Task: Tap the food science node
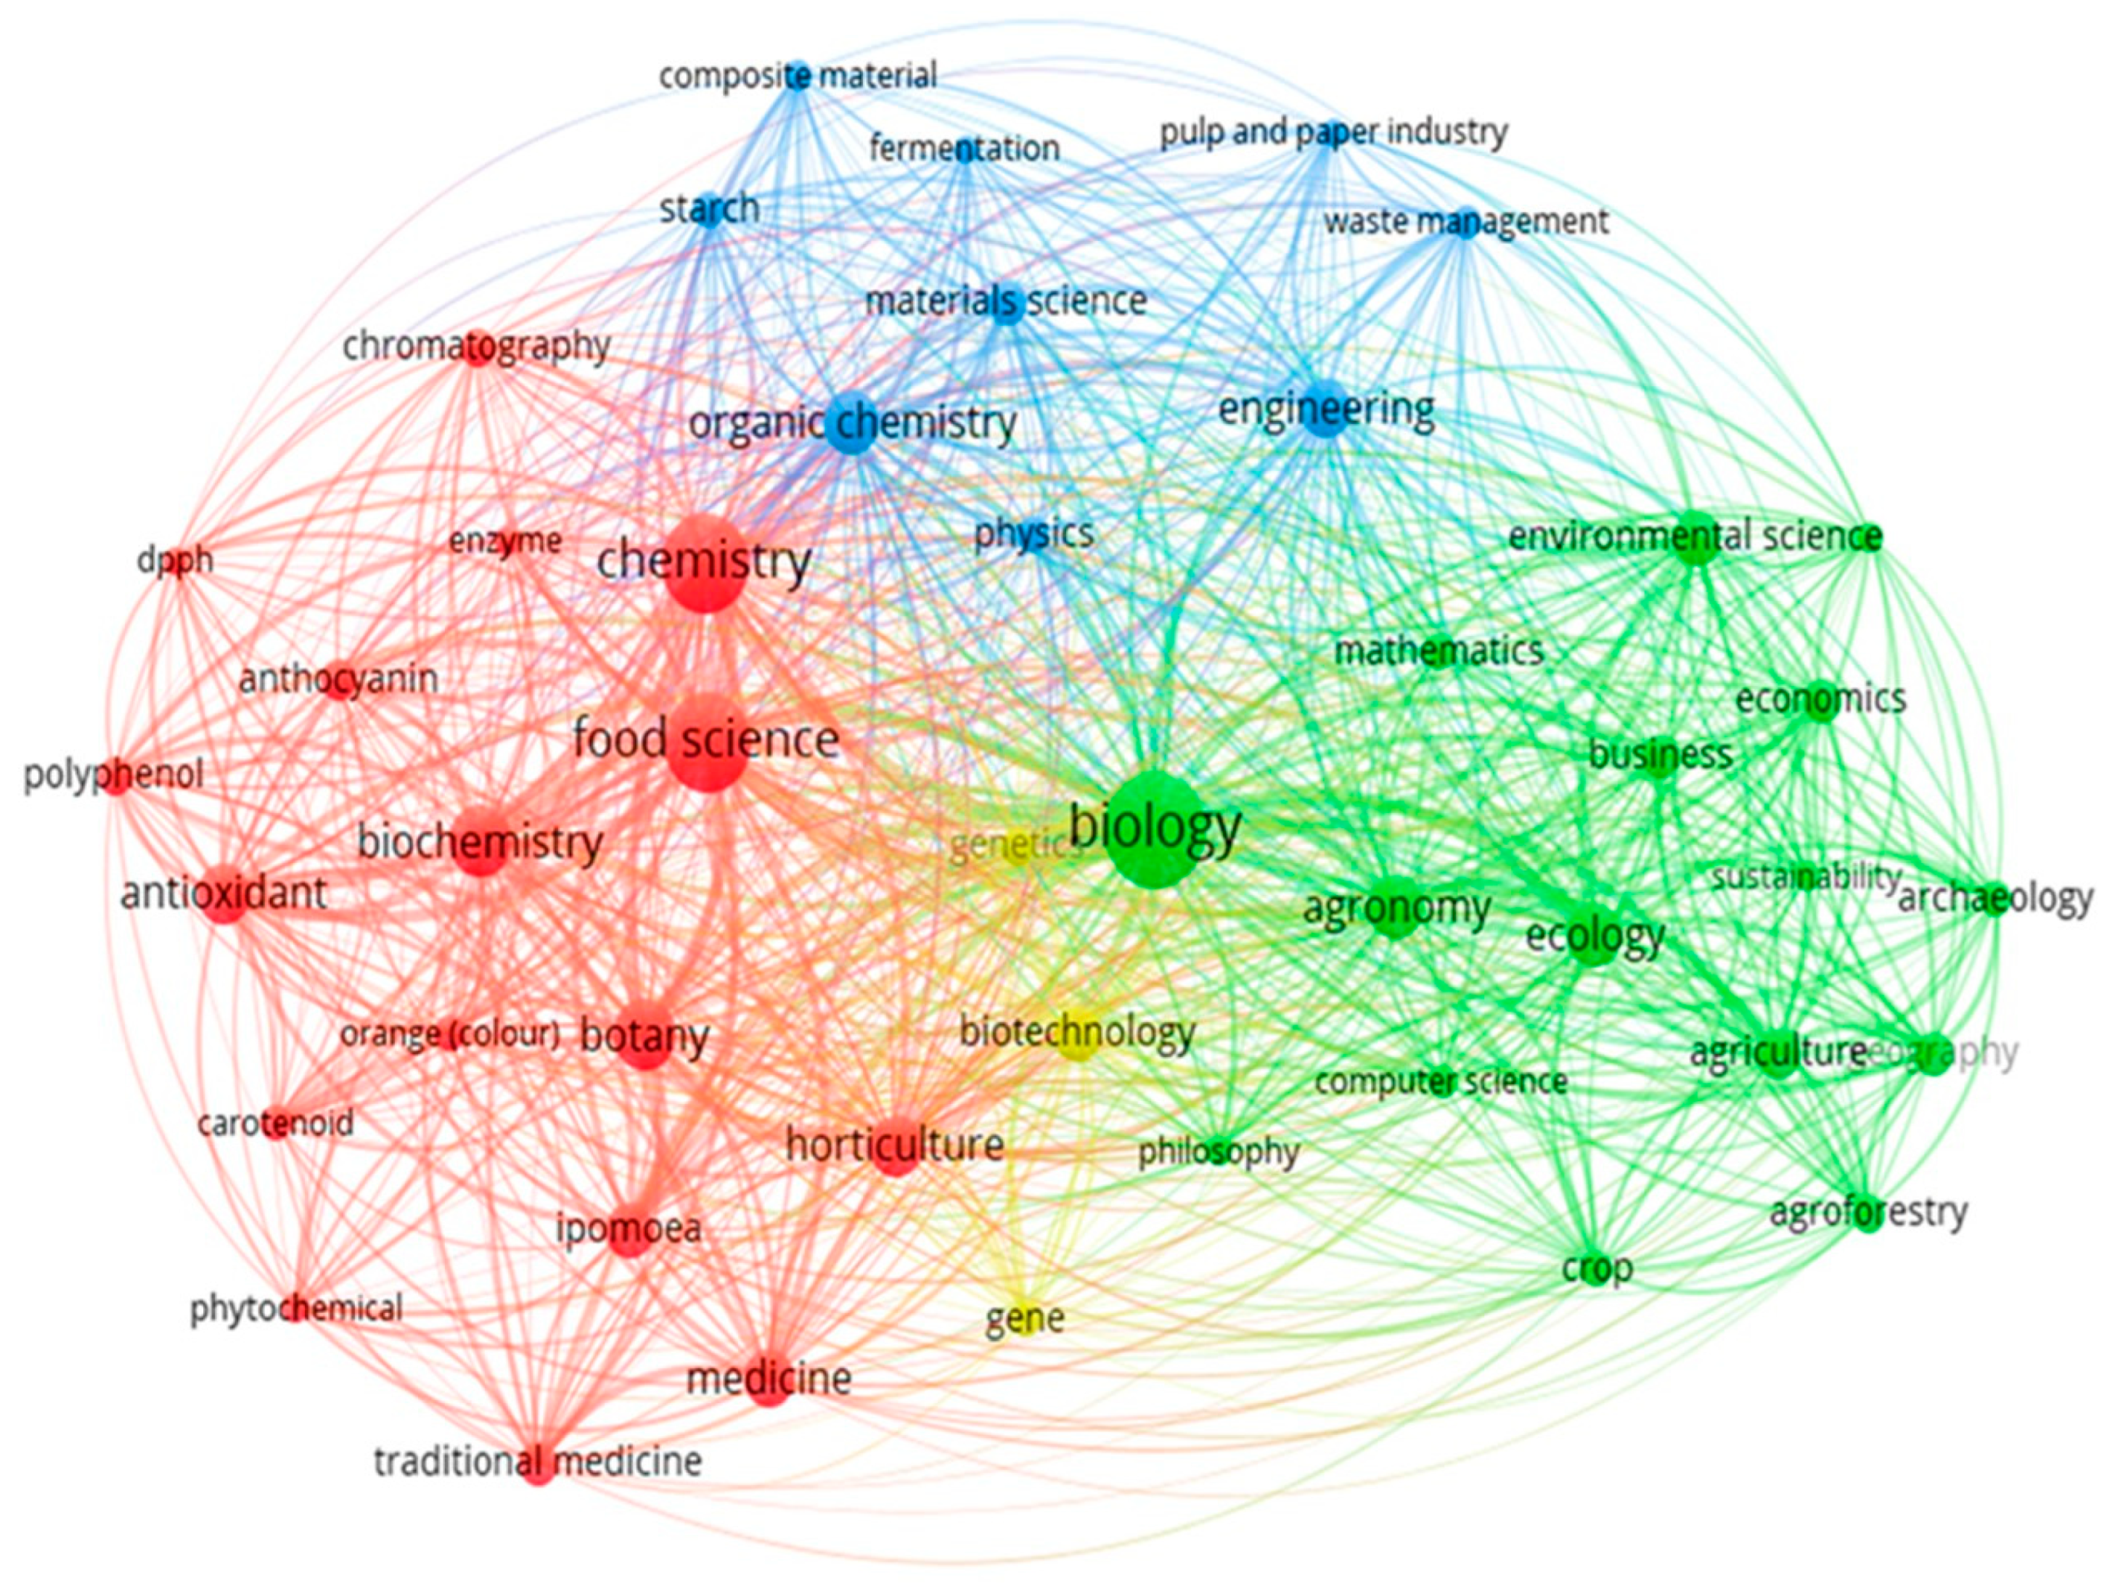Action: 708,742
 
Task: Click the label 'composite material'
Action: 797,75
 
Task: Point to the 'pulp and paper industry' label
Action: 1333,133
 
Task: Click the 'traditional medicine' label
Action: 538,1461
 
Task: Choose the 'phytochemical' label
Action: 296,1308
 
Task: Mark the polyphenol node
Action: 115,775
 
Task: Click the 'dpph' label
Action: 175,561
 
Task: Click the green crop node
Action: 1597,1270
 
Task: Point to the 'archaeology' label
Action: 1994,899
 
